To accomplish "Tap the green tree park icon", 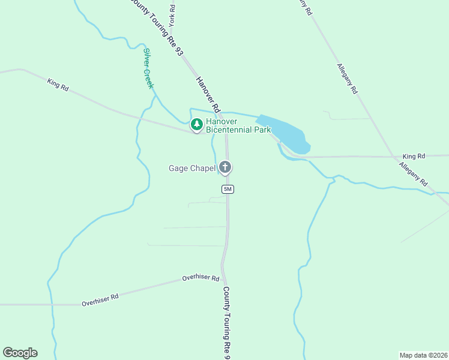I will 196,125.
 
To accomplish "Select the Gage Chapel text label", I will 191,168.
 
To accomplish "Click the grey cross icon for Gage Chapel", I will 225,167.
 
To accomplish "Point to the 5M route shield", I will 227,189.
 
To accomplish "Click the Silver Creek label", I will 148,68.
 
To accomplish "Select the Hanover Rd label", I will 208,92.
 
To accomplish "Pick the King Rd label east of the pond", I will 414,155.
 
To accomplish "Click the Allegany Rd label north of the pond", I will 347,79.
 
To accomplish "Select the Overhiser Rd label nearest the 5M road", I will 200,278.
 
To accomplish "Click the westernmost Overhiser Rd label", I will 100,300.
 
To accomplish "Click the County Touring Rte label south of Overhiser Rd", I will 227,321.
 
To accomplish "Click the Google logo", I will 20,353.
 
